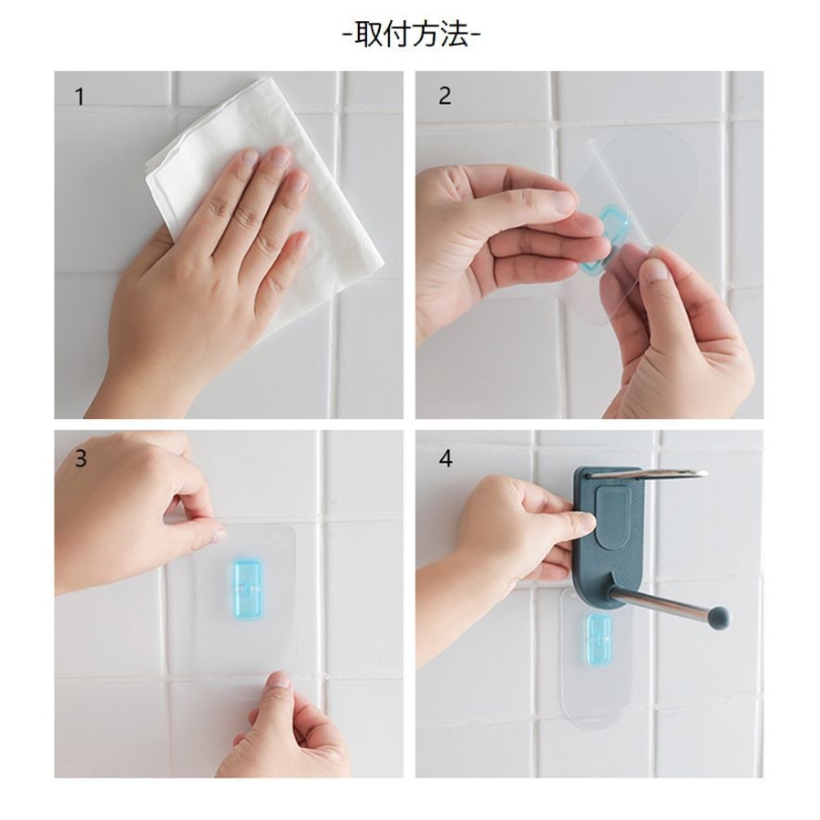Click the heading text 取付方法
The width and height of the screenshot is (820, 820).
click(x=411, y=35)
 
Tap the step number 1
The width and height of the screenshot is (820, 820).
click(x=79, y=97)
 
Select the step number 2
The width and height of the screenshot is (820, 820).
click(x=445, y=96)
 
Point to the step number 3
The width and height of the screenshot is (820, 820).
click(x=80, y=458)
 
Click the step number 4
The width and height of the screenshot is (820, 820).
click(x=446, y=458)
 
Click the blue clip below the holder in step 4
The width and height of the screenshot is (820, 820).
click(x=599, y=640)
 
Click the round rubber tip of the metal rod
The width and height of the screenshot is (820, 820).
click(x=720, y=617)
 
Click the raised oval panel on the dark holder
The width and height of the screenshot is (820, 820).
click(x=620, y=517)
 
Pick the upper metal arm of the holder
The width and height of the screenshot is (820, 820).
click(x=649, y=474)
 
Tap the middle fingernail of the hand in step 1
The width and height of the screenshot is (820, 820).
click(x=281, y=157)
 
